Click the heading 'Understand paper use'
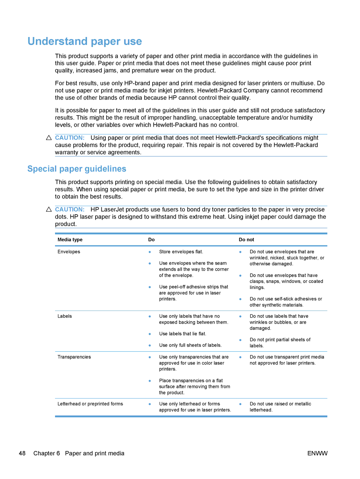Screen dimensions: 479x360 (85, 41)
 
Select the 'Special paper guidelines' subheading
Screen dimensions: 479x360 (77, 169)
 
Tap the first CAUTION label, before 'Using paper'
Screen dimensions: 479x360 (70, 138)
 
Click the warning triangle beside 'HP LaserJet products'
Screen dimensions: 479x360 (49, 209)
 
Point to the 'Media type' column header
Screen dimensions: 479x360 (70, 240)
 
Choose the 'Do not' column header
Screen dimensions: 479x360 (246, 240)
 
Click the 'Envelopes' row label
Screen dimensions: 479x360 (69, 252)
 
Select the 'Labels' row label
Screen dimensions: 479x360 (65, 316)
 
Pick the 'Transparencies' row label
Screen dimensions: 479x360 (74, 357)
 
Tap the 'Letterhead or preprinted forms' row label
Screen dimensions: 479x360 (90, 404)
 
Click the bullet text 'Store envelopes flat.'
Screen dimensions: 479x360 (181, 252)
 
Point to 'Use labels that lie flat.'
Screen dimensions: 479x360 (183, 334)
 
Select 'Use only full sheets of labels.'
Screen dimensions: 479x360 (190, 345)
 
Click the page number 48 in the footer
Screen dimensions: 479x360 (22, 453)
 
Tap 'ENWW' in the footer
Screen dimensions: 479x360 (317, 453)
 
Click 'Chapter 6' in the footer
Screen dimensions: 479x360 (47, 453)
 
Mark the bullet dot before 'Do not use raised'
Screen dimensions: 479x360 (240, 404)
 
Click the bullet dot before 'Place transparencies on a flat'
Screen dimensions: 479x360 (150, 381)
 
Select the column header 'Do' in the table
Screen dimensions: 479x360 (151, 240)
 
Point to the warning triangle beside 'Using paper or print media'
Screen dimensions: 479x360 (49, 138)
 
